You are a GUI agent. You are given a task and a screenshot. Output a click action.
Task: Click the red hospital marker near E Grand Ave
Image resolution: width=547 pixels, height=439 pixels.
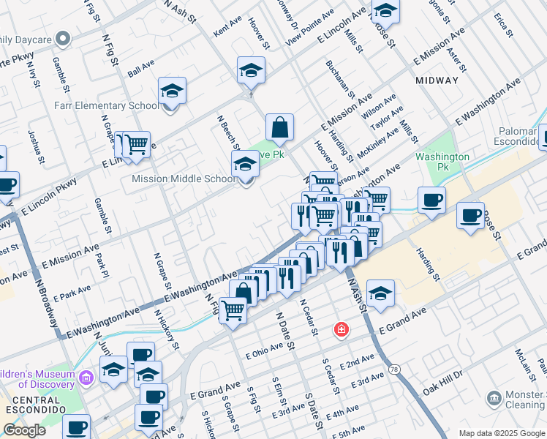[x=340, y=331]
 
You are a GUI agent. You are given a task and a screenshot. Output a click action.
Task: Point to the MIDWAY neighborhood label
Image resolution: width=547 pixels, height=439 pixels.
[x=437, y=80]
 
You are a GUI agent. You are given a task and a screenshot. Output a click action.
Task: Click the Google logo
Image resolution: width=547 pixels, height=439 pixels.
[x=24, y=430]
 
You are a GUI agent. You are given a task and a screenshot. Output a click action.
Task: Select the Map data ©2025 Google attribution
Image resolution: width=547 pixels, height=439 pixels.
[x=502, y=433]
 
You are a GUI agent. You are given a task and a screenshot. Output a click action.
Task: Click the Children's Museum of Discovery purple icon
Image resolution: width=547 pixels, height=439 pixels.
[x=87, y=378]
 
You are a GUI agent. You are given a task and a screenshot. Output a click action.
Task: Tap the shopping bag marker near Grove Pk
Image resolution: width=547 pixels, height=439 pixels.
[x=279, y=127]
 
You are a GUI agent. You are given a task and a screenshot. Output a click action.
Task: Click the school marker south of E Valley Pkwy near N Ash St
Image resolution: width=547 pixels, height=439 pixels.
[x=380, y=293]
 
